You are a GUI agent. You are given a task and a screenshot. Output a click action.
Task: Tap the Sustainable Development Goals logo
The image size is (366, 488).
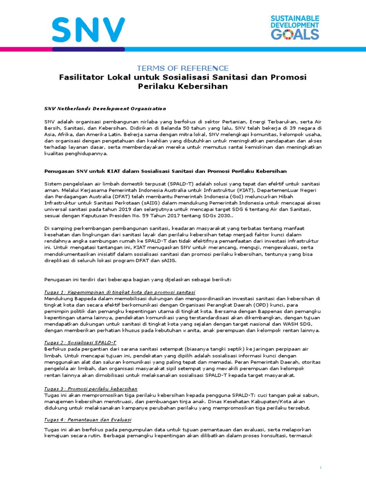(x=295, y=27)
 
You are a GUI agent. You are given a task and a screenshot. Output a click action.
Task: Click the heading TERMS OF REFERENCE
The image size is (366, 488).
(x=183, y=68)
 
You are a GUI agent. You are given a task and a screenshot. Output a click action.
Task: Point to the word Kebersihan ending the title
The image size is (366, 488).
(x=201, y=86)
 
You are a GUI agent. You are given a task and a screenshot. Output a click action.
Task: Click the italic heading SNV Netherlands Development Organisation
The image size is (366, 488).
(x=105, y=109)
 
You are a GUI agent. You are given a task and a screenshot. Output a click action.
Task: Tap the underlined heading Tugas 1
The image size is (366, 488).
(x=120, y=292)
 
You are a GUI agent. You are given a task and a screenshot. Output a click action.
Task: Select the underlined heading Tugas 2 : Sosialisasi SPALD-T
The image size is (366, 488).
(x=80, y=343)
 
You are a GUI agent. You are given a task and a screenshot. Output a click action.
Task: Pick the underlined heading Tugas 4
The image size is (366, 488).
(x=88, y=419)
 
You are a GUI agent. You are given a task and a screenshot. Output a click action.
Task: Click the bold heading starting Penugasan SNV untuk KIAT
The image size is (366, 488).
(x=166, y=171)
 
